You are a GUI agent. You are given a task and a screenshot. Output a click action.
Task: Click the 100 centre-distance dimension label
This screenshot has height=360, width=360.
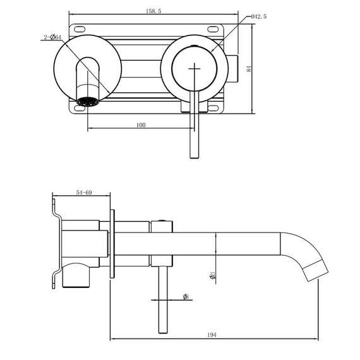coord(140,125)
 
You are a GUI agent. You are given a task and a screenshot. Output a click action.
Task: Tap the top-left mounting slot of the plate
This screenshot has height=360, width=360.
coord(80,29)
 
